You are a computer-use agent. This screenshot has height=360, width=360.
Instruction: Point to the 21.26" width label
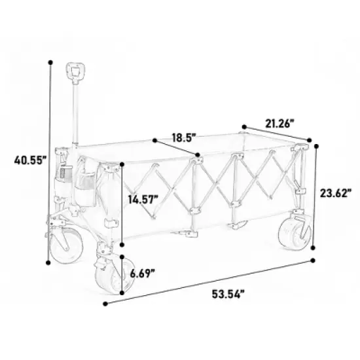[280, 122]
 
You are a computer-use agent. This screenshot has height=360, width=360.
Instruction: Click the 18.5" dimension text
[185, 138]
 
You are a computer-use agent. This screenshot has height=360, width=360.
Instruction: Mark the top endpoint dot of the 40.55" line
[50, 62]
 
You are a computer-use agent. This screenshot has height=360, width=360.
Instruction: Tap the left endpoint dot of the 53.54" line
[105, 303]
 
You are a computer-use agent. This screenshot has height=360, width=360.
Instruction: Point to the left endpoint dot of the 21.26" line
[243, 124]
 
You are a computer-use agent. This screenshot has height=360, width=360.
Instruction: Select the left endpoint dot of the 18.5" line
[154, 140]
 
